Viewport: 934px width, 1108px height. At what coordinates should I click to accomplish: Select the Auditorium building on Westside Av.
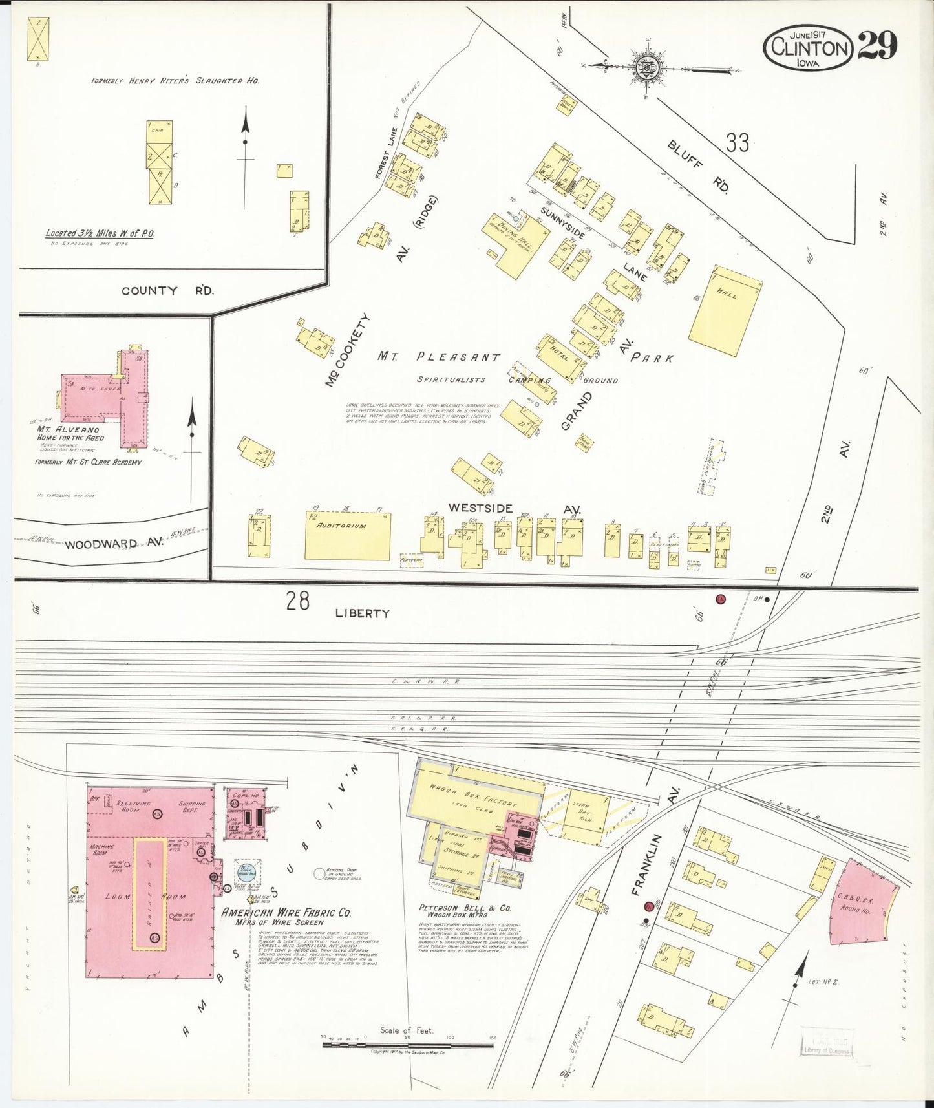click(x=348, y=536)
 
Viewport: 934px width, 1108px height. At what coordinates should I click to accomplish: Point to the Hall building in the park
click(x=725, y=310)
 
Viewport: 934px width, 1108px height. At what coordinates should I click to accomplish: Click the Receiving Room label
click(x=133, y=806)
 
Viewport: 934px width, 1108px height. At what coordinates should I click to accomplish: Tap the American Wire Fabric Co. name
click(x=286, y=913)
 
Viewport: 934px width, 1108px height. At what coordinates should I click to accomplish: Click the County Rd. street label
click(x=167, y=291)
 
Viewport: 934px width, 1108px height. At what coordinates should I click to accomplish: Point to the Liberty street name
click(x=362, y=613)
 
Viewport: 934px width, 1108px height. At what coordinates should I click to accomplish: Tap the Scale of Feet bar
click(x=407, y=1043)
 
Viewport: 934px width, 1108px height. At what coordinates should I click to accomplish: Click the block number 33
click(x=737, y=142)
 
